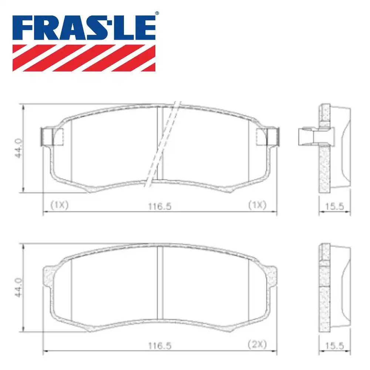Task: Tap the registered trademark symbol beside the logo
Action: [x=157, y=13]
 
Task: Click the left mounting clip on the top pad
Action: [x=47, y=137]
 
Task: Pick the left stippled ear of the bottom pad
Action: [x=49, y=276]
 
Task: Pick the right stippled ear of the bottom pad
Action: [x=271, y=276]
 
